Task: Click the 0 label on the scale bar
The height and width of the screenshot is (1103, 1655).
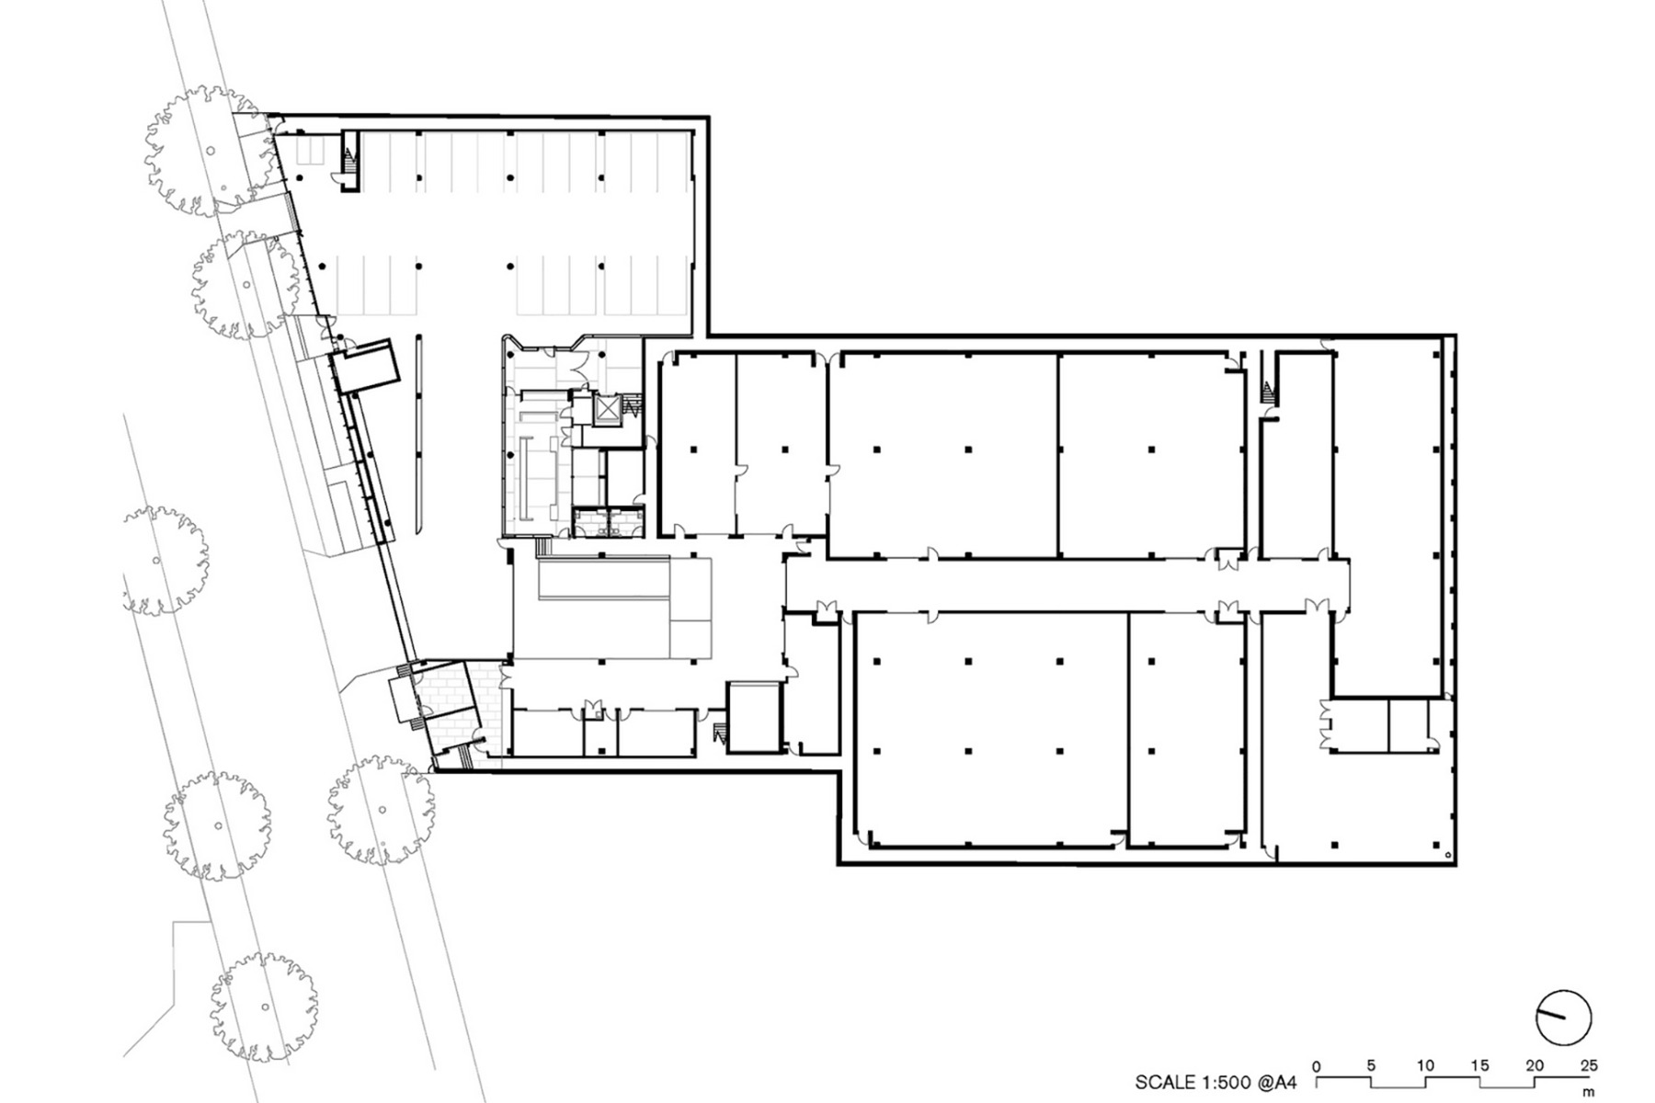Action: tap(1317, 1066)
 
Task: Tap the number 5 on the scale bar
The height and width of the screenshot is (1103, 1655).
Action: tap(1371, 1066)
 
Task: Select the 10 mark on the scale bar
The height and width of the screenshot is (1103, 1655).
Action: tap(1425, 1066)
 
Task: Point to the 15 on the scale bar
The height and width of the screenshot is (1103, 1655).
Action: tap(1479, 1066)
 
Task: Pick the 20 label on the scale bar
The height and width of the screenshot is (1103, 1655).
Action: tap(1534, 1066)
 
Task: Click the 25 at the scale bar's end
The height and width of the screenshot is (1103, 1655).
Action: tap(1589, 1066)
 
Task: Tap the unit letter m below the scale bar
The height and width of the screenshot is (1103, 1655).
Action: tap(1589, 1093)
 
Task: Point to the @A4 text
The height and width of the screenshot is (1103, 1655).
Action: tap(1278, 1082)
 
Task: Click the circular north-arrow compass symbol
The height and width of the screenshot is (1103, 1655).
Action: tap(1563, 1018)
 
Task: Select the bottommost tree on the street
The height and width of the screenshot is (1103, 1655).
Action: tap(264, 1006)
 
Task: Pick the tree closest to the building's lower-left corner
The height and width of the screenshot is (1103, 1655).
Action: tap(382, 809)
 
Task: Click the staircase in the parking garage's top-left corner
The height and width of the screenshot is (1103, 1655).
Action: tap(348, 163)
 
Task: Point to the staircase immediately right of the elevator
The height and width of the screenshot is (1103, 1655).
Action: tap(632, 405)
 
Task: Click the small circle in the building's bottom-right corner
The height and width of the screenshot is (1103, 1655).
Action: tap(1449, 857)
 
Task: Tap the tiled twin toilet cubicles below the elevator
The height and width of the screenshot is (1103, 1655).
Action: tap(608, 522)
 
